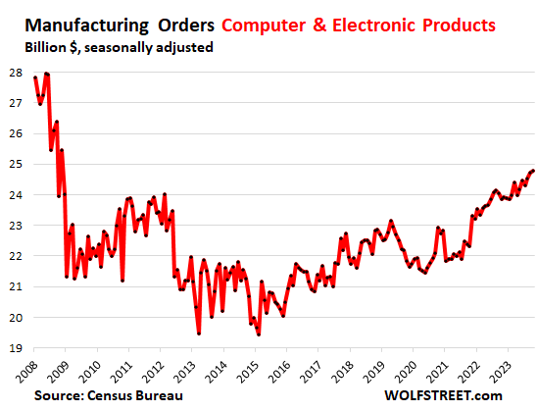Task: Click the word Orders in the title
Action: (181, 21)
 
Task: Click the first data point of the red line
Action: (35, 77)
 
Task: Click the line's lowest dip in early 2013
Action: (199, 334)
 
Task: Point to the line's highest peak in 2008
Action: (46, 74)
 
